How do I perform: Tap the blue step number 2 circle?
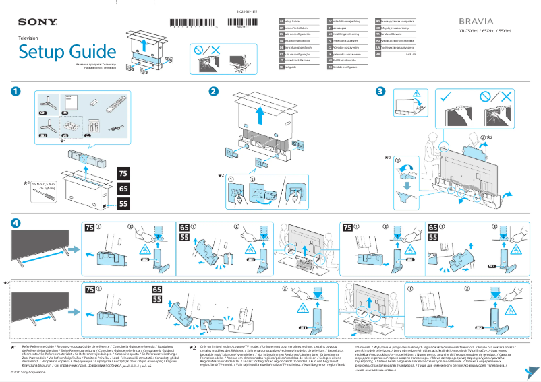[213, 92]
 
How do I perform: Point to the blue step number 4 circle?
[15, 223]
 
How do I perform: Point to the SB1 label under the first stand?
[42, 114]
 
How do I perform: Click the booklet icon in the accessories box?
[76, 102]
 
